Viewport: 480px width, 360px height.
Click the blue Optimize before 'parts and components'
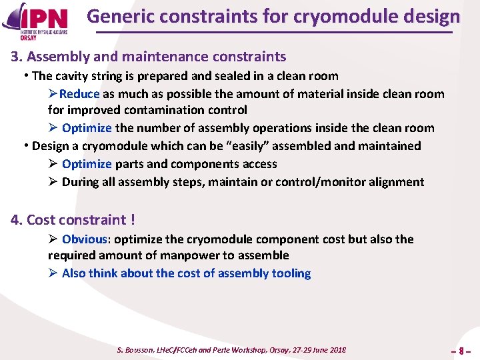87,164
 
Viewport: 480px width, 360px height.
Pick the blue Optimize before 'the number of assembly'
87,128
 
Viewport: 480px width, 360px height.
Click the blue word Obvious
84,239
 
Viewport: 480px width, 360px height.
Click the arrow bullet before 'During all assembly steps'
53,182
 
